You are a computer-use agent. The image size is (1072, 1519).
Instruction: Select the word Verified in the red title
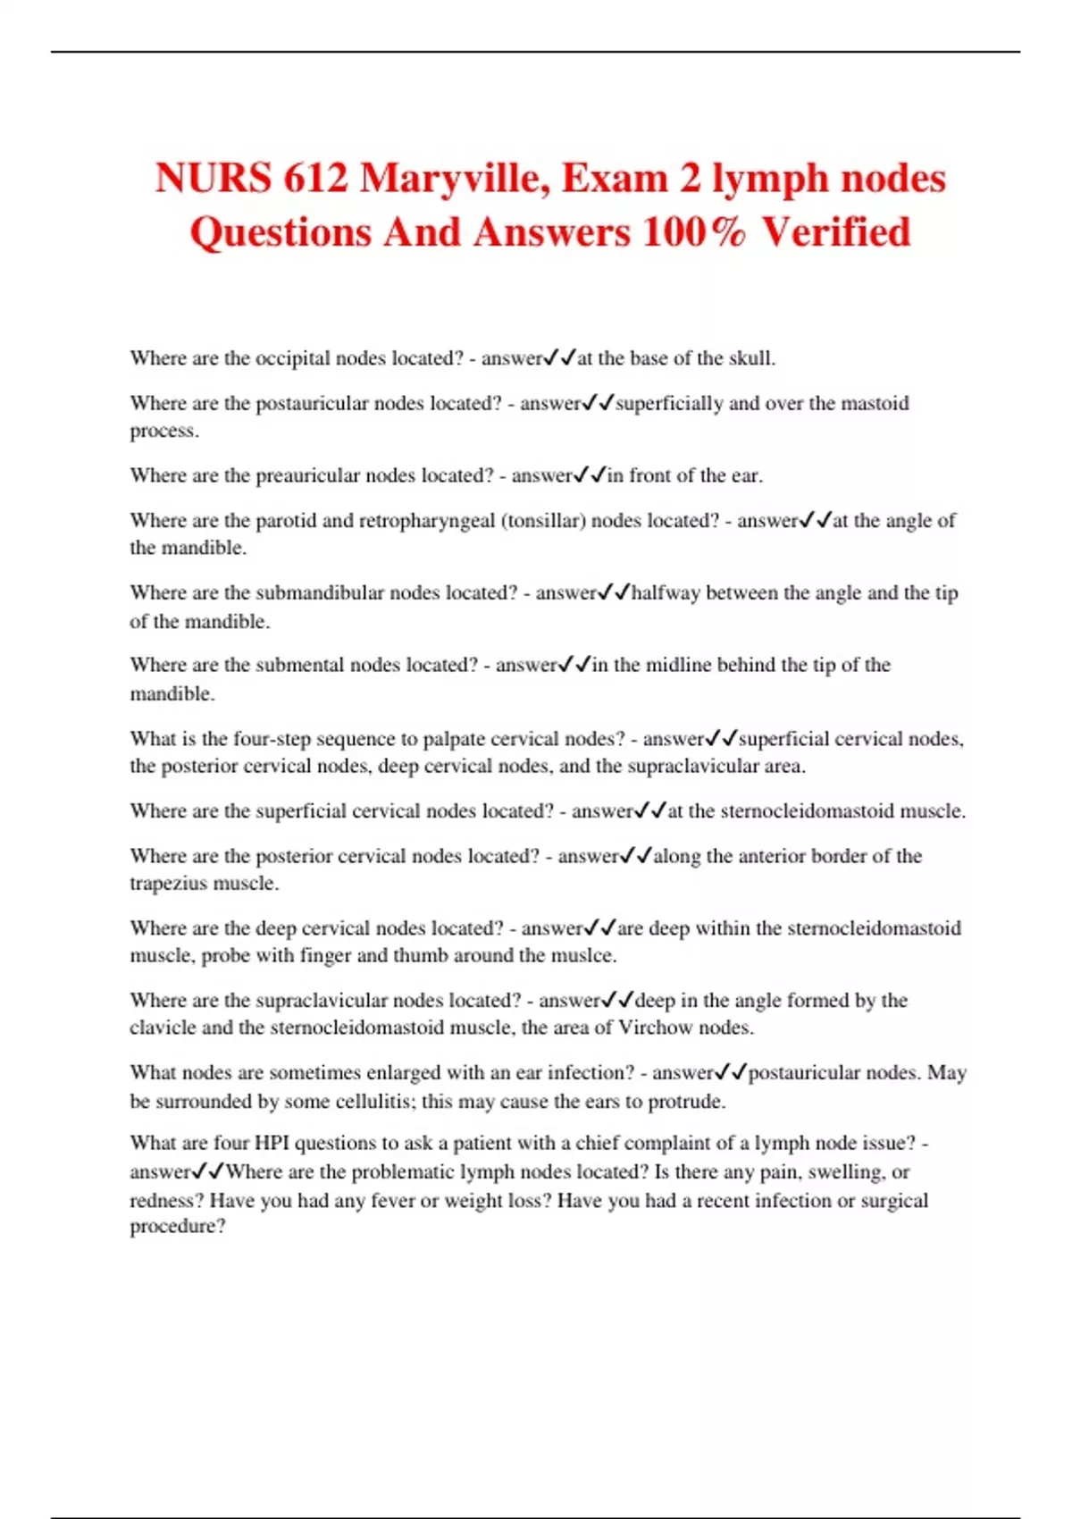(x=836, y=232)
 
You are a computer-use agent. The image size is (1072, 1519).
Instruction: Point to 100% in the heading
(x=694, y=232)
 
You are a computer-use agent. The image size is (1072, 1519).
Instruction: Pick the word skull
(x=751, y=358)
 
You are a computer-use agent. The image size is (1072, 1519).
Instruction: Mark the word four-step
(x=271, y=739)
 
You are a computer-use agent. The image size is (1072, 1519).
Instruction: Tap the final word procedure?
(x=178, y=1227)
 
